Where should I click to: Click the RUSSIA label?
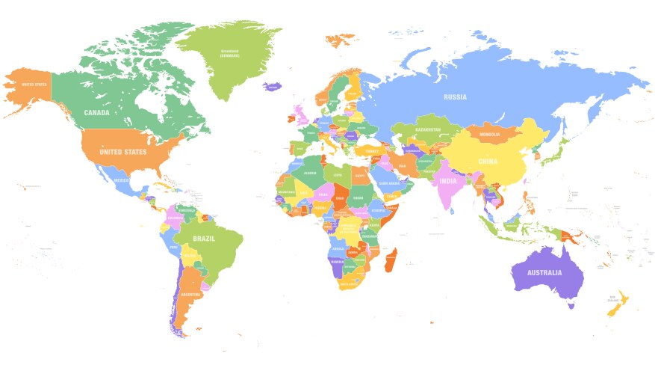pyautogui.click(x=455, y=97)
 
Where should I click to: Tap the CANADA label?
pyautogui.click(x=96, y=113)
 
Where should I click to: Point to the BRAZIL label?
pyautogui.click(x=204, y=239)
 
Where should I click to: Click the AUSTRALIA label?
pyautogui.click(x=544, y=272)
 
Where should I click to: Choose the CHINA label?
pyautogui.click(x=487, y=160)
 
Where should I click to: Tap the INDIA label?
pyautogui.click(x=448, y=182)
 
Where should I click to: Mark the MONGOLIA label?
pyautogui.click(x=490, y=135)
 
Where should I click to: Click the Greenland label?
pyautogui.click(x=229, y=53)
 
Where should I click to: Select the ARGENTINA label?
pyautogui.click(x=190, y=295)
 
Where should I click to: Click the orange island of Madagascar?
pyautogui.click(x=391, y=260)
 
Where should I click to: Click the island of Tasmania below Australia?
pyautogui.click(x=571, y=304)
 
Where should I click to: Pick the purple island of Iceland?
pyautogui.click(x=273, y=87)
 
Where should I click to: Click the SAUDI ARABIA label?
pyautogui.click(x=388, y=182)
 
